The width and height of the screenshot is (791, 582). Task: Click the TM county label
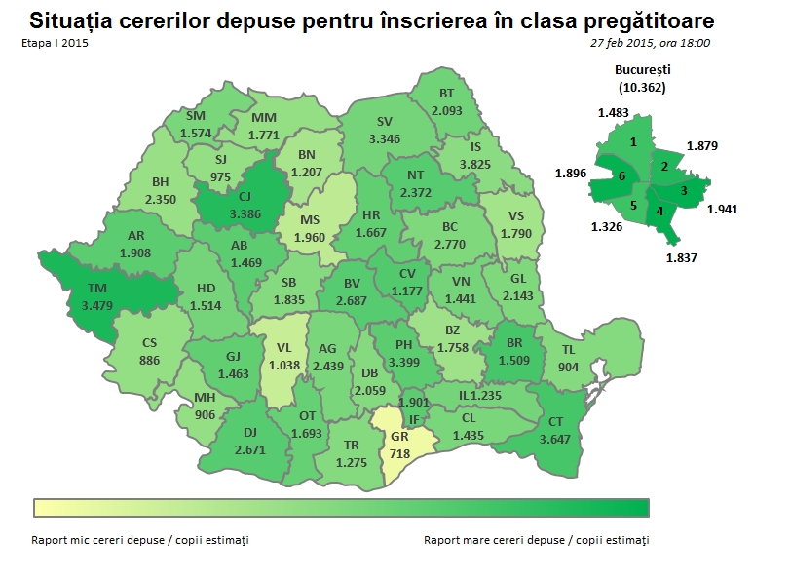(x=97, y=288)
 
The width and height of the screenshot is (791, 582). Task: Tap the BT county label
(x=447, y=94)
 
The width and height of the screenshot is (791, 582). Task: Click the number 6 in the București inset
(x=621, y=176)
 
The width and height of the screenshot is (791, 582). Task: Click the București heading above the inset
(x=643, y=70)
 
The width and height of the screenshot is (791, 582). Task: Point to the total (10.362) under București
(x=643, y=87)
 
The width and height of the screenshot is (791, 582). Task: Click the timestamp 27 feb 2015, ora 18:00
(x=650, y=43)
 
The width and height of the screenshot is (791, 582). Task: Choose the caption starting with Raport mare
(x=536, y=539)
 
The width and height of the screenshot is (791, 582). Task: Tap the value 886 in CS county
(x=149, y=360)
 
